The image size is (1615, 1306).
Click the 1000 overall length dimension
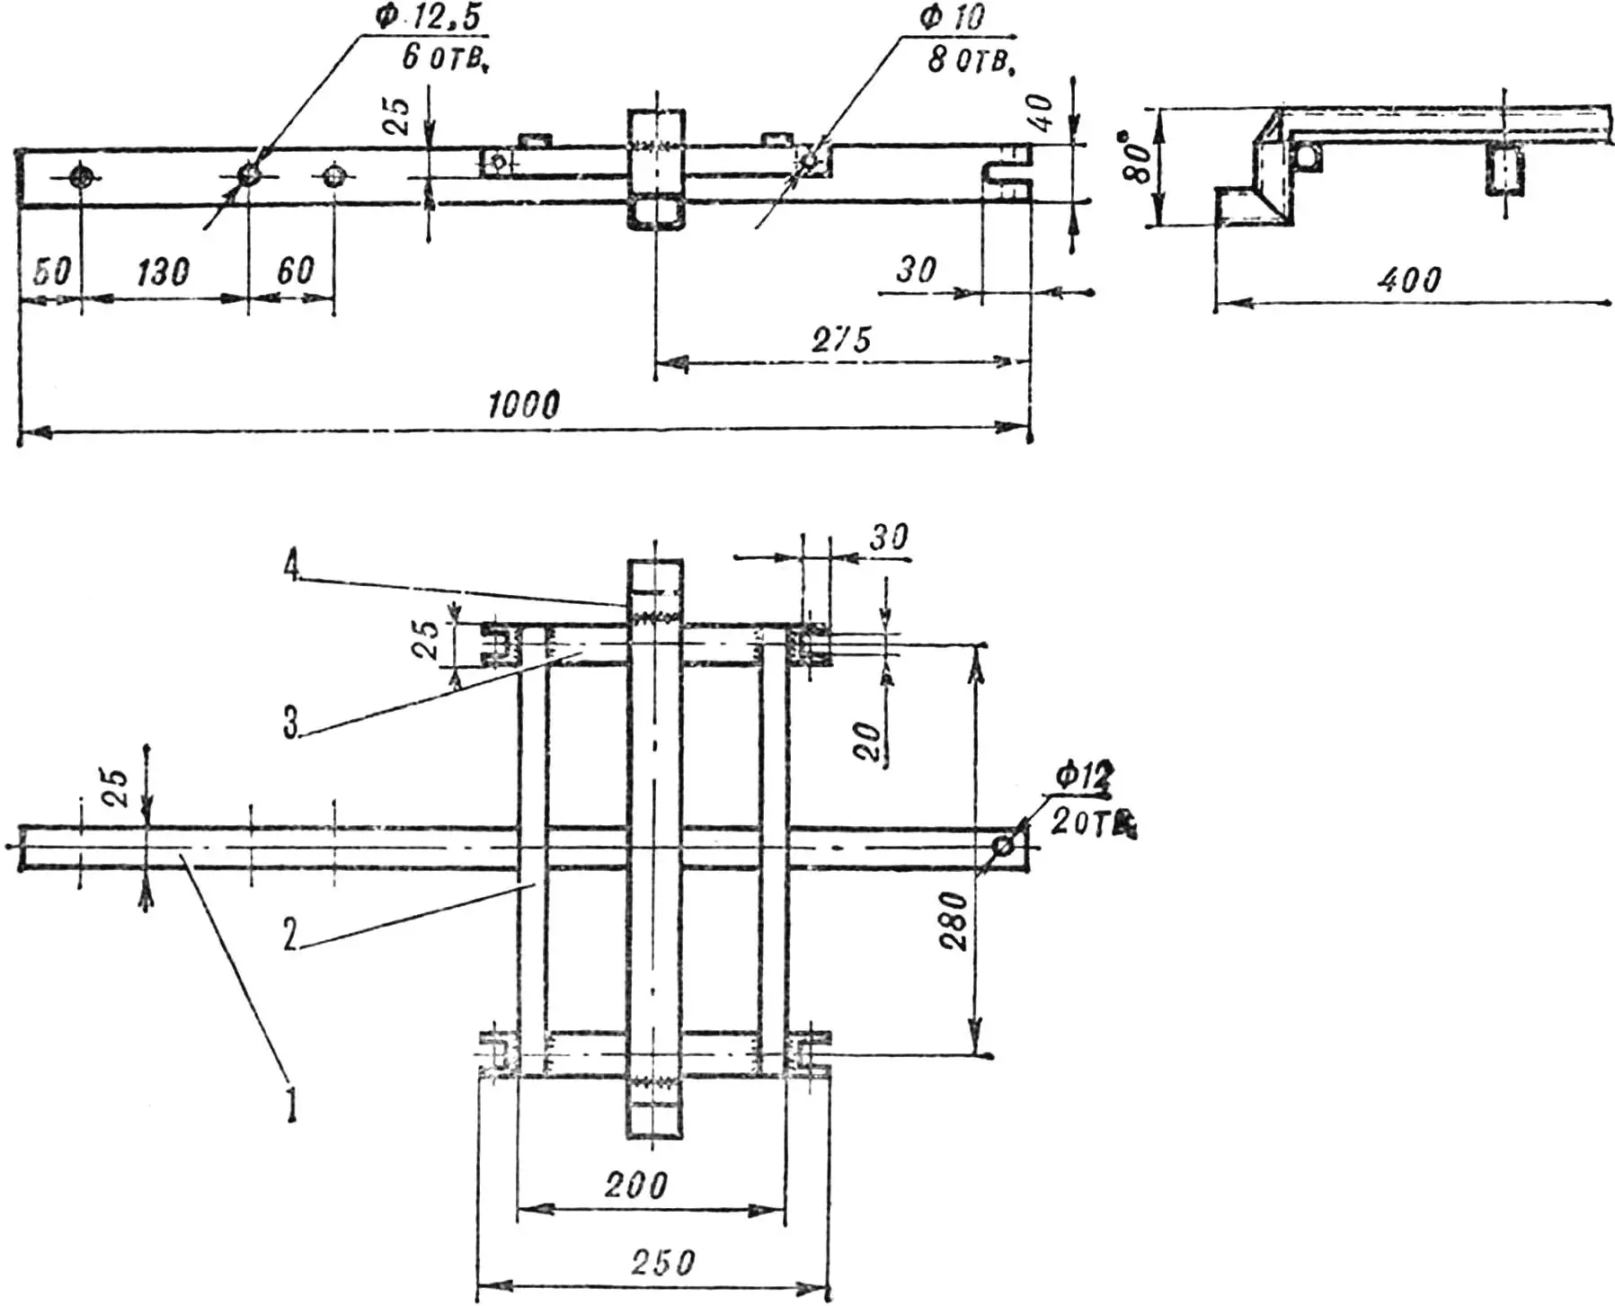point(524,405)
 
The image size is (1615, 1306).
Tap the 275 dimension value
point(842,340)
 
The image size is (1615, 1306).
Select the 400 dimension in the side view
point(1408,280)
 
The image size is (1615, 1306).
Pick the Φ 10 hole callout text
point(953,18)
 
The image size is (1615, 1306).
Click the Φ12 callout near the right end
point(1084,776)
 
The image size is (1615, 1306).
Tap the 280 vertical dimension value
point(954,920)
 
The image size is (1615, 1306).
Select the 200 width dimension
point(635,1186)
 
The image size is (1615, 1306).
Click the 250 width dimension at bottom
point(662,1263)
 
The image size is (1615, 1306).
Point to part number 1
point(290,1105)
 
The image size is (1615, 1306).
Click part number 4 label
point(289,569)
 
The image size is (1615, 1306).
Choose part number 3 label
point(290,723)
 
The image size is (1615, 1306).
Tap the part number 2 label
point(289,935)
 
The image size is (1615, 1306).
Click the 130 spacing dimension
point(163,271)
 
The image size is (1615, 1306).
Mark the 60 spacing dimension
point(296,270)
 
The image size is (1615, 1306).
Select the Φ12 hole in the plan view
point(1003,847)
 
